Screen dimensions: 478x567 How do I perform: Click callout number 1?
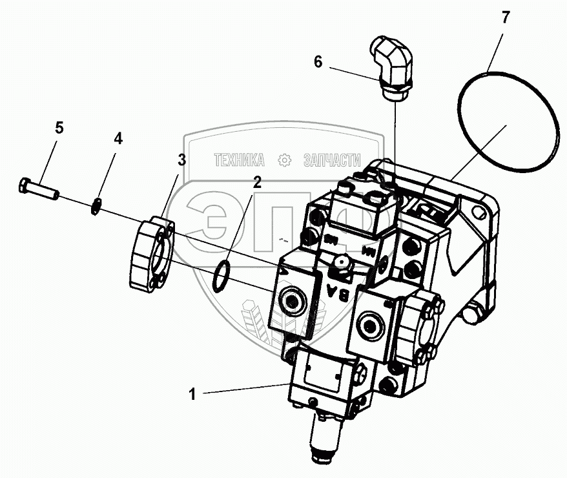point(192,394)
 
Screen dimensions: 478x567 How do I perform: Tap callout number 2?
point(257,182)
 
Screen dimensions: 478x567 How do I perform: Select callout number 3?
point(183,160)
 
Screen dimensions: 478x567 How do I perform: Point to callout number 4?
point(118,138)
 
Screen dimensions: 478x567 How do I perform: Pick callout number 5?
point(59,128)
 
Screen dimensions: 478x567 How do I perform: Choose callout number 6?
point(317,62)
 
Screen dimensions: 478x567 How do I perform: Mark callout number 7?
point(506,18)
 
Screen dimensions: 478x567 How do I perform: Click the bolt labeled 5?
point(38,188)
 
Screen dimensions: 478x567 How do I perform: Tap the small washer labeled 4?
point(95,207)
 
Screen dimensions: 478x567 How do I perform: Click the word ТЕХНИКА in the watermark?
point(239,160)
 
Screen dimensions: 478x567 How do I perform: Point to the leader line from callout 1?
point(245,389)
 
